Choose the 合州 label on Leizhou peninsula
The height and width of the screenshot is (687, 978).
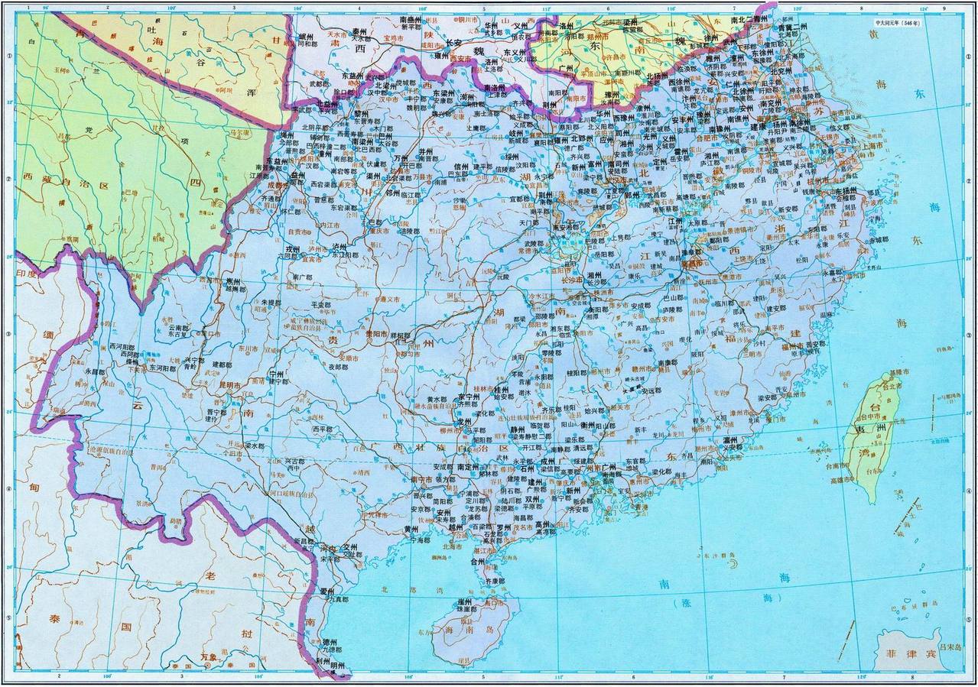click(x=478, y=562)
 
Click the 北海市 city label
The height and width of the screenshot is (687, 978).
click(x=453, y=547)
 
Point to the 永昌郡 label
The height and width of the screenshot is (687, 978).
click(x=95, y=371)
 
